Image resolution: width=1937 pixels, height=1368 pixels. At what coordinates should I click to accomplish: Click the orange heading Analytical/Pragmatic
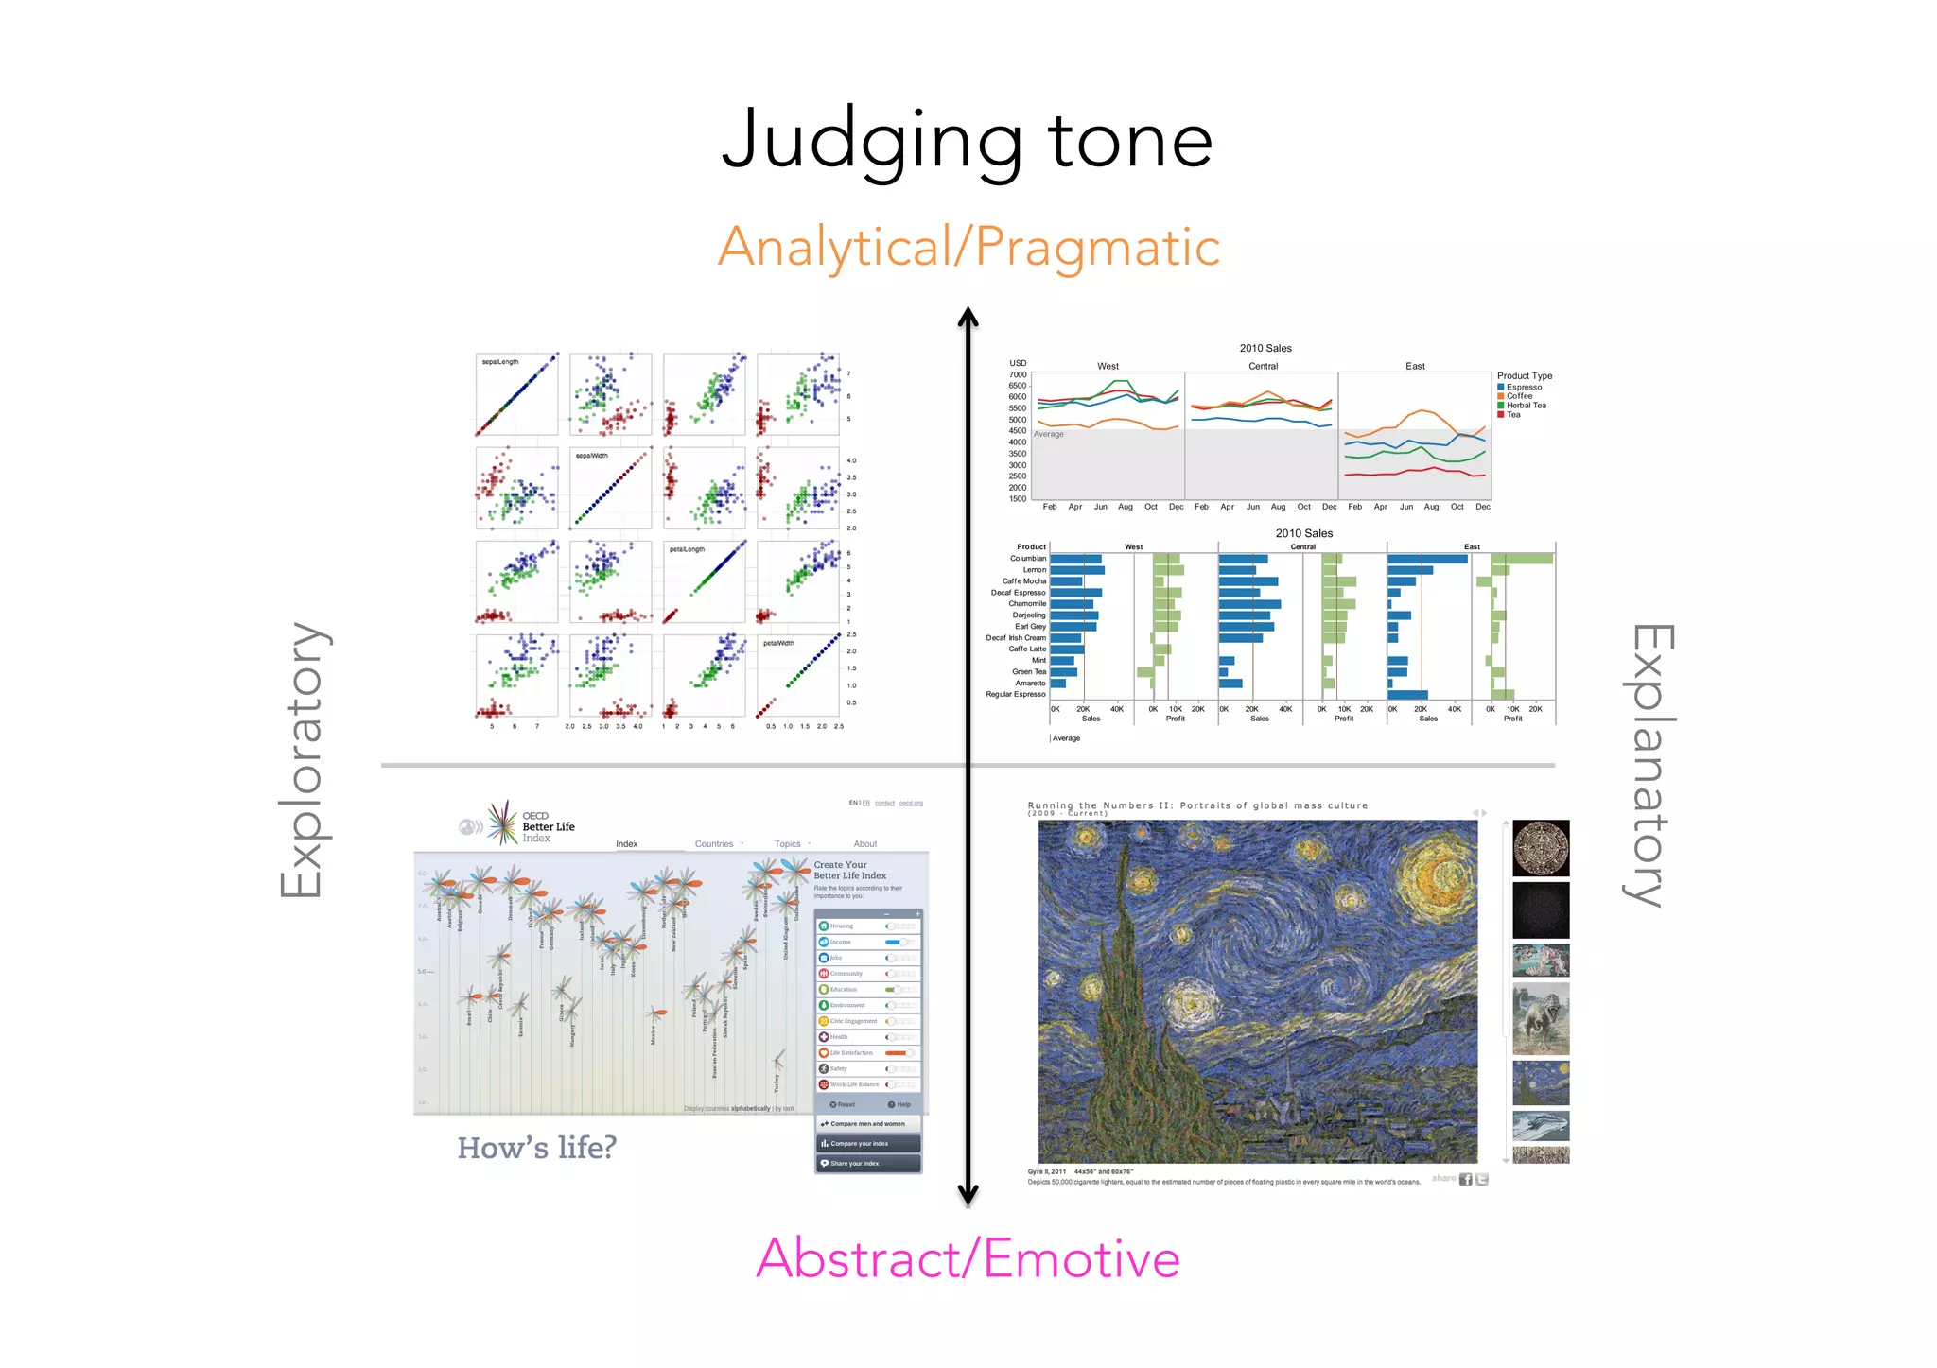click(968, 248)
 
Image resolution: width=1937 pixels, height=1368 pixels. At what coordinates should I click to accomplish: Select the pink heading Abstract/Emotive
click(968, 1259)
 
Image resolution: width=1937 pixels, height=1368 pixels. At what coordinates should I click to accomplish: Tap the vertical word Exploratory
click(303, 760)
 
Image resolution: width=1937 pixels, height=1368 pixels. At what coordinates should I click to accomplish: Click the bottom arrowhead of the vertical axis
click(968, 1197)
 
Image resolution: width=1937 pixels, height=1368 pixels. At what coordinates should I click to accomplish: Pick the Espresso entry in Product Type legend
click(1523, 387)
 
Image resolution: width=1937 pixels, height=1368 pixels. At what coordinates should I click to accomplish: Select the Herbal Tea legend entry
click(1526, 406)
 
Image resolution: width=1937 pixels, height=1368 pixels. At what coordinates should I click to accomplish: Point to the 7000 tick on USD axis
click(1017, 374)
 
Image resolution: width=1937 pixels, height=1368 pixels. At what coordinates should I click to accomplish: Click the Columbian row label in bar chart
click(1027, 559)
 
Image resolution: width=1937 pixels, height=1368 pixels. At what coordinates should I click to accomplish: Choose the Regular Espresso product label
click(1015, 694)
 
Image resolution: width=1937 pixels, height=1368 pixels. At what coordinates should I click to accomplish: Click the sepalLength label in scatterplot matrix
click(499, 362)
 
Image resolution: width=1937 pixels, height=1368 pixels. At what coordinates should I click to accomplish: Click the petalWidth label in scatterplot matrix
click(778, 643)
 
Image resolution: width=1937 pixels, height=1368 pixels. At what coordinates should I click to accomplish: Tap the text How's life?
click(536, 1148)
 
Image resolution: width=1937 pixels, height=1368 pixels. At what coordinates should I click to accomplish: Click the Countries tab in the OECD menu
click(714, 844)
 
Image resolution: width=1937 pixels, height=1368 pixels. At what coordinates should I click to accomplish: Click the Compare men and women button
click(867, 1124)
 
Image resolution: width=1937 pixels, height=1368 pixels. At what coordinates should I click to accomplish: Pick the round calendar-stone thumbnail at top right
click(1540, 848)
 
